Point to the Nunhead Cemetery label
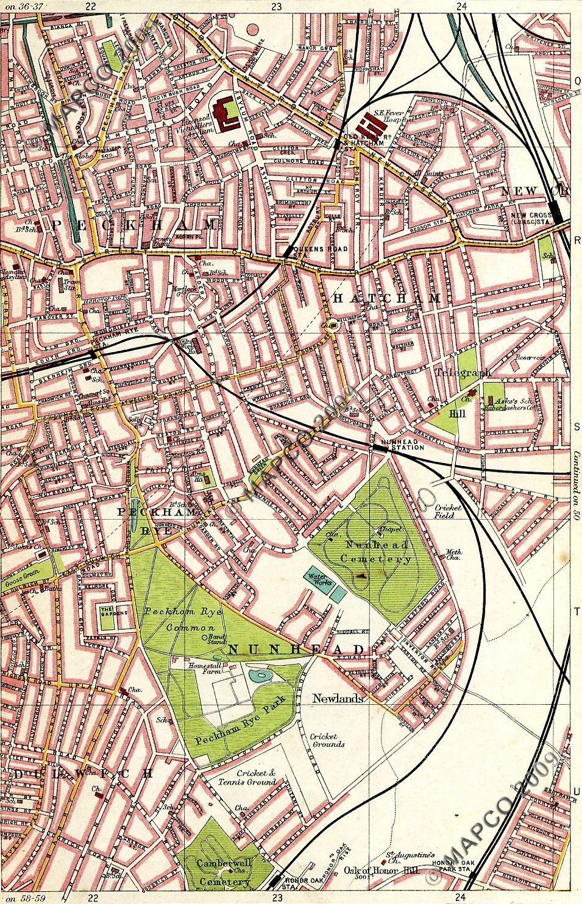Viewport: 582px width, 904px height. (372, 550)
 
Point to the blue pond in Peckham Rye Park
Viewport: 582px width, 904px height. (261, 675)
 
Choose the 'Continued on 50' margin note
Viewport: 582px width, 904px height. (575, 481)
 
